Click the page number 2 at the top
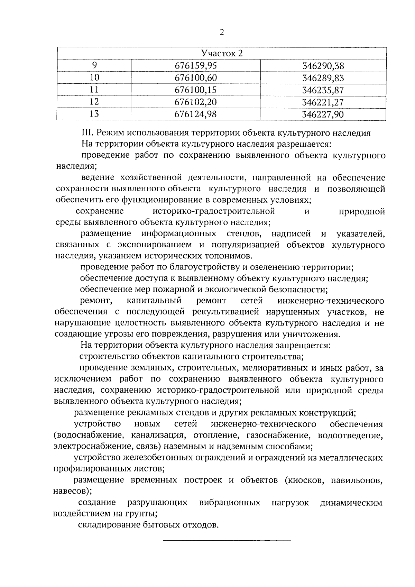(222, 32)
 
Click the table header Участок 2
(222, 53)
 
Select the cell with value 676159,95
(196, 66)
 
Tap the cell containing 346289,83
(323, 78)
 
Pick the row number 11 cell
(94, 90)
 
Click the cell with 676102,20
(196, 102)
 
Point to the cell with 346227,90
(323, 114)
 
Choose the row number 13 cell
(94, 114)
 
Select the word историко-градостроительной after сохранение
(213, 211)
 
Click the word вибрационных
(230, 503)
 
